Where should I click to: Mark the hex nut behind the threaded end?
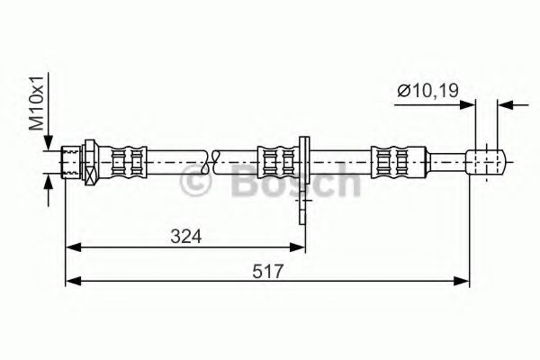point(90,163)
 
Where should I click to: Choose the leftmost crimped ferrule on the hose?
point(127,163)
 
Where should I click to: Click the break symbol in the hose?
point(212,163)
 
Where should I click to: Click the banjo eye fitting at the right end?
point(487,163)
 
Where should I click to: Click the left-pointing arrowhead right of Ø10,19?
point(507,103)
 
